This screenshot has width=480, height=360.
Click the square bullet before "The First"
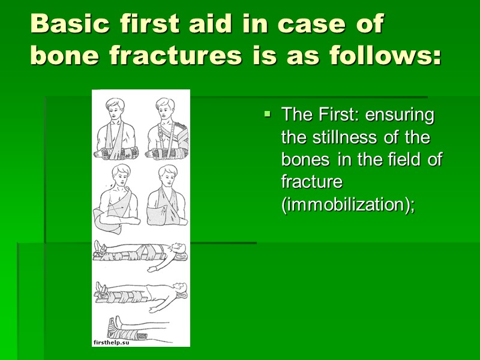coord(268,113)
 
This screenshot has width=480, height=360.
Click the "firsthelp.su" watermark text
coord(112,341)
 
